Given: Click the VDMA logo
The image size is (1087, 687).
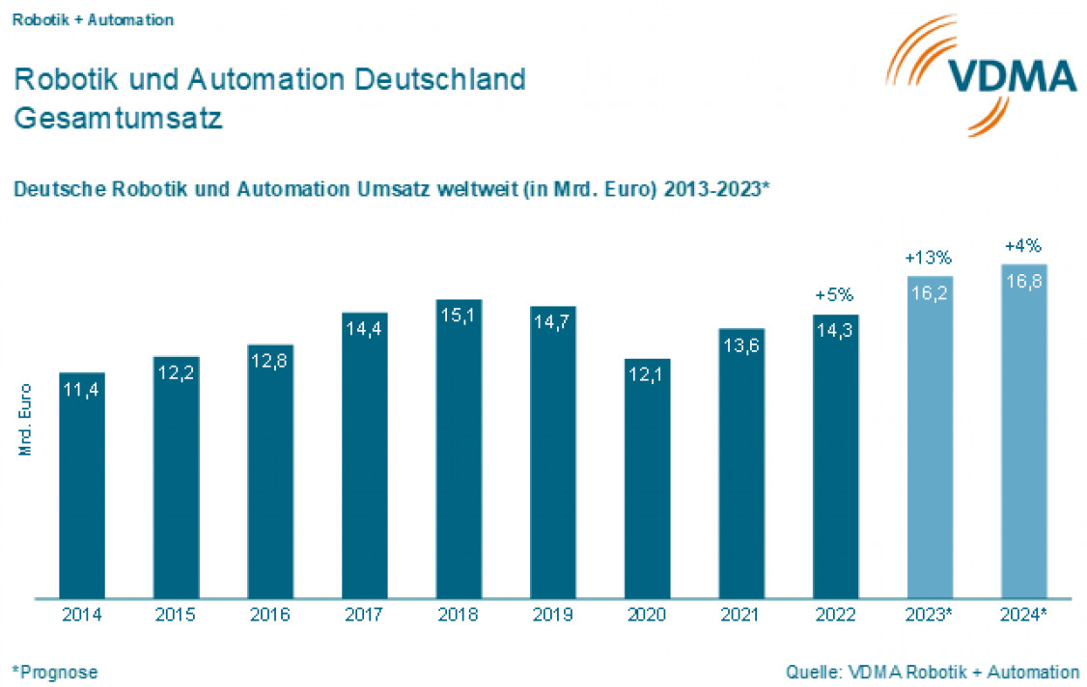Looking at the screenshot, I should click(981, 75).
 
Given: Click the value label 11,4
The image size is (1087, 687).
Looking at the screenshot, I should click(81, 391).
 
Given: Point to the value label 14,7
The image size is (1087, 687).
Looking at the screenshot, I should click(553, 324).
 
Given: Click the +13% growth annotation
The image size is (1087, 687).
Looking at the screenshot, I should click(929, 259).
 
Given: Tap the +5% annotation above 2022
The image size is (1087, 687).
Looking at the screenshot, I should click(835, 295).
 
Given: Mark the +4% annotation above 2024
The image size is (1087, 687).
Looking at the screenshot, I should click(1023, 246).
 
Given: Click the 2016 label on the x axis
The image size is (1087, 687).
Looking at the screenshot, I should click(270, 615).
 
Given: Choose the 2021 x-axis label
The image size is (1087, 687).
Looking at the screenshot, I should click(741, 615).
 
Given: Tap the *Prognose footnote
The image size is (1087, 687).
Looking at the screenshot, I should click(55, 672).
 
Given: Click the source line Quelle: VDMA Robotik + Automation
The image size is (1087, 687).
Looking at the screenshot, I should click(933, 672).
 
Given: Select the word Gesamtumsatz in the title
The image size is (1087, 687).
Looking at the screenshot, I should click(119, 119).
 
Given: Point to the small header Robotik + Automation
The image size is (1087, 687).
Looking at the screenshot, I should click(93, 20).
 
